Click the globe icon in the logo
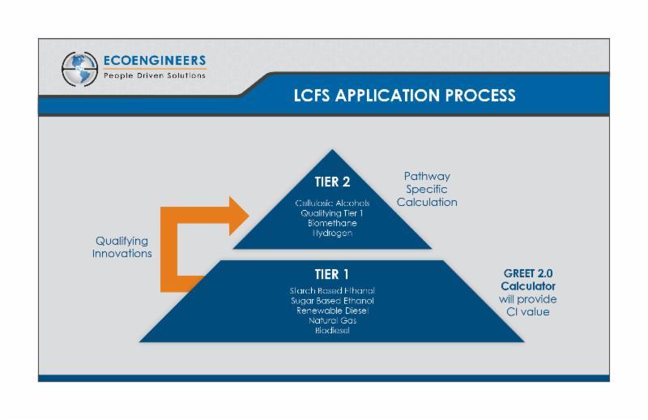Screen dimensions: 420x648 [x=79, y=69]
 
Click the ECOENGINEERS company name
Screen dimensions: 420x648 [x=154, y=61]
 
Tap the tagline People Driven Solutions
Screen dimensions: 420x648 [x=154, y=76]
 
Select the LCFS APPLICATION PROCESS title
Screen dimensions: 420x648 [x=404, y=95]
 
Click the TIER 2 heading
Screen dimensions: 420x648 [x=332, y=182]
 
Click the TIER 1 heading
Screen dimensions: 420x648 [x=332, y=274]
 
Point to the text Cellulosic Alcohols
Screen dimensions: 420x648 [x=332, y=203]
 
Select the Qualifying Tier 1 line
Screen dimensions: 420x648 [x=332, y=212]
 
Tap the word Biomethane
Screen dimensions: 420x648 [x=332, y=222]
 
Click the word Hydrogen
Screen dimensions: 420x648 [x=332, y=233]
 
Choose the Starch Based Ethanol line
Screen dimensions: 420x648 [x=332, y=290]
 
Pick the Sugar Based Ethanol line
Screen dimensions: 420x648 [x=332, y=300]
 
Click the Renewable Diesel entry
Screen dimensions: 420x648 [x=332, y=310]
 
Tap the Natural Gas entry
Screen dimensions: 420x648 [x=332, y=320]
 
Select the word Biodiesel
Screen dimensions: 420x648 [x=332, y=330]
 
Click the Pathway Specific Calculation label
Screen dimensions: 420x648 [x=427, y=189]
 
